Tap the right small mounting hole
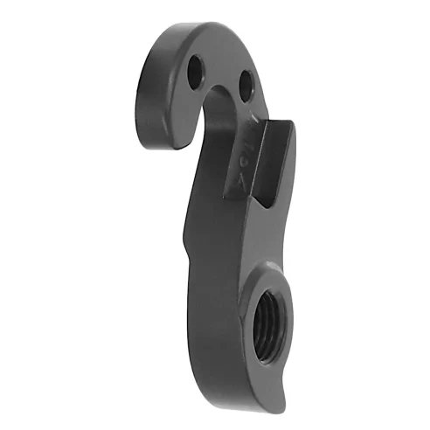point(246,81)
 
